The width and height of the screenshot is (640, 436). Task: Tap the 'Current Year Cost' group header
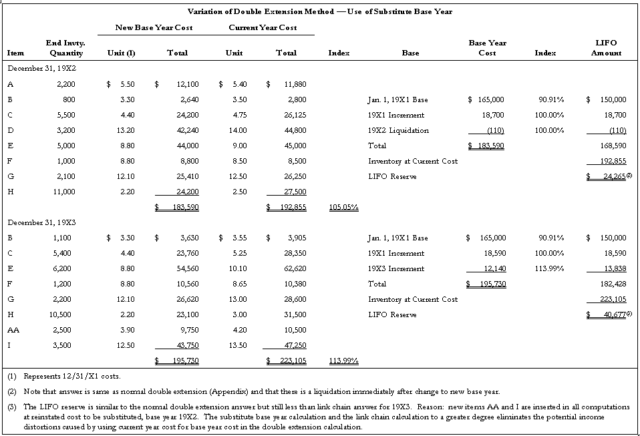coord(263,27)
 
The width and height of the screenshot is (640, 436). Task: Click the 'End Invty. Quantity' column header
coord(65,48)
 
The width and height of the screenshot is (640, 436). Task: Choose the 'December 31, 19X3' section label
coord(41,222)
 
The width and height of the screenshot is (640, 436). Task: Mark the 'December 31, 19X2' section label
coord(41,69)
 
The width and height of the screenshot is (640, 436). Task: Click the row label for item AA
coord(13,330)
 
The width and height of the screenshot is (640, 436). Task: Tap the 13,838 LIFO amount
coord(613,268)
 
